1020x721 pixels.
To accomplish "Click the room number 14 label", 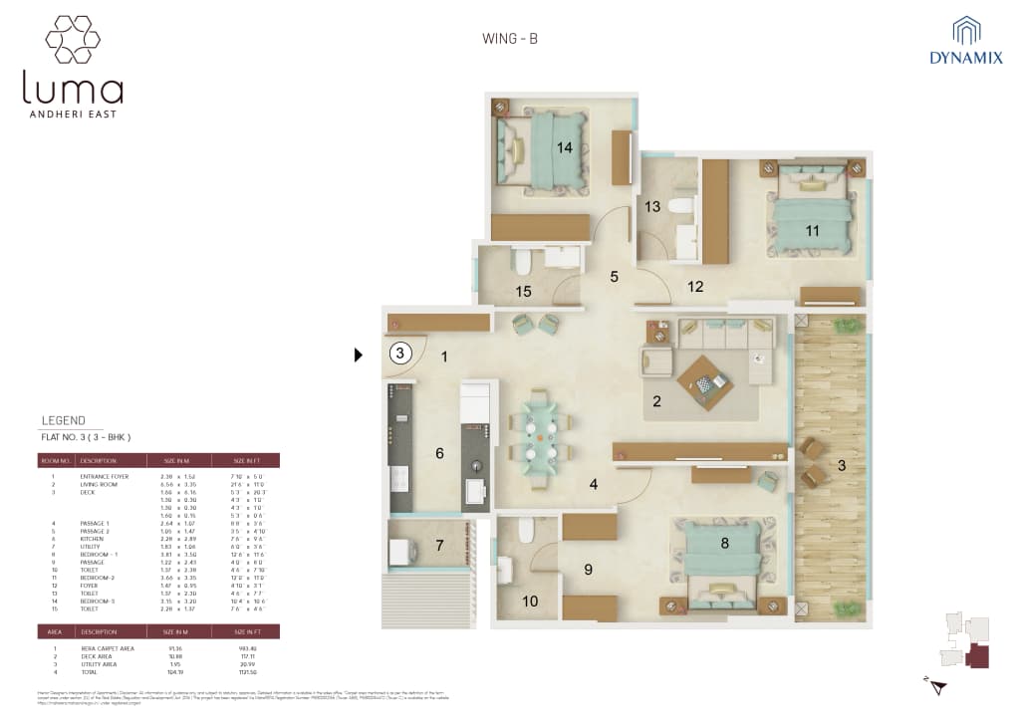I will coord(565,147).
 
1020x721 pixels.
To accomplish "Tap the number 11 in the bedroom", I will coord(813,230).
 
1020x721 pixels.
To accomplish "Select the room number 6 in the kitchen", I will coord(439,453).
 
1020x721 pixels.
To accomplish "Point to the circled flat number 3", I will coord(399,353).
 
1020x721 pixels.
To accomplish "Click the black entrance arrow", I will coord(360,354).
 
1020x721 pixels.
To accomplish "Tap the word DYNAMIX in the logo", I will coord(966,58).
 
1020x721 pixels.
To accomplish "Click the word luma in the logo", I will coord(73,90).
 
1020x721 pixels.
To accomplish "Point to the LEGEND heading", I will coord(64,420).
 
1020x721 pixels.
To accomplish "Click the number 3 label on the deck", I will coord(841,465).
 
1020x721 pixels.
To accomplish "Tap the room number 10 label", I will coord(530,601).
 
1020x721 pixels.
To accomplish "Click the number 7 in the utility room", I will coord(439,545).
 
